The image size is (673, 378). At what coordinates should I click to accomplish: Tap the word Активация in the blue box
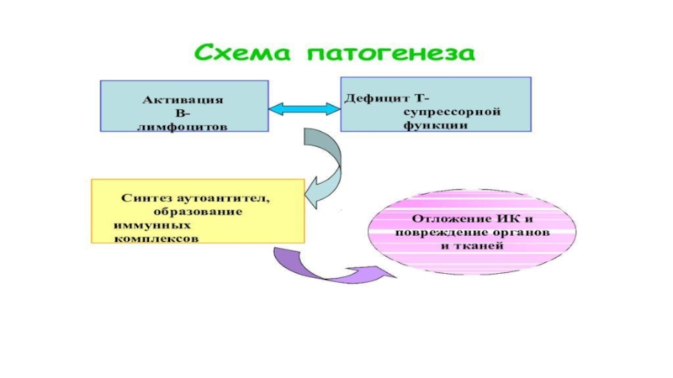[183, 99]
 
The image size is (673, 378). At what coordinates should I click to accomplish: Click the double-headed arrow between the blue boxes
[304, 109]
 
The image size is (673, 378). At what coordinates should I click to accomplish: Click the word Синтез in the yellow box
[140, 198]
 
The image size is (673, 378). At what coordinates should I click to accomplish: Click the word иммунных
[151, 225]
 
